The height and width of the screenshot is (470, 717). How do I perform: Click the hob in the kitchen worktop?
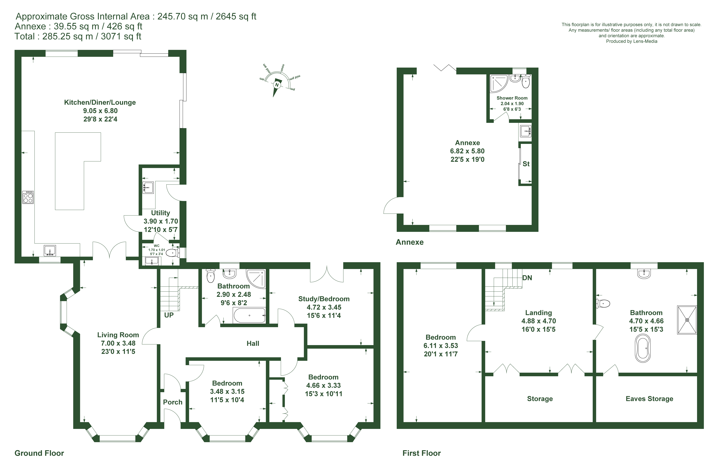pyautogui.click(x=28, y=198)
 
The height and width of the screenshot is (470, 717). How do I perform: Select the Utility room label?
pyautogui.click(x=161, y=213)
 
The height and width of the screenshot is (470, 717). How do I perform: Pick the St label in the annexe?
pyautogui.click(x=526, y=164)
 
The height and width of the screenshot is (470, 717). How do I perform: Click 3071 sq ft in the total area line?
pyautogui.click(x=121, y=36)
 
